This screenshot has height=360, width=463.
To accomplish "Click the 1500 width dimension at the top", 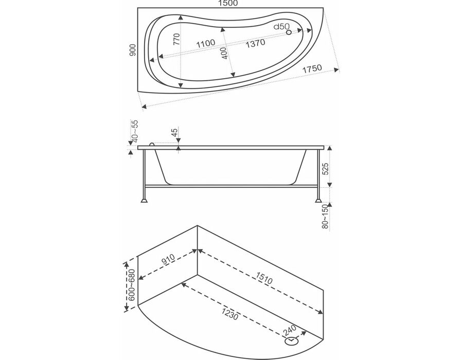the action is (228, 3).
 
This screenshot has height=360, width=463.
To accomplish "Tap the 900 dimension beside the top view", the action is (133, 50).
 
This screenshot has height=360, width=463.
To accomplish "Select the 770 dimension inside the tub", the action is (176, 39).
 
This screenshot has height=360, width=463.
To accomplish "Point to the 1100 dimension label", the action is (206, 43).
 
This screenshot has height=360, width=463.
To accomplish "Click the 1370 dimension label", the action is (255, 43).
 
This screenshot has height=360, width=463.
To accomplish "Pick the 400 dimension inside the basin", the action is (225, 53).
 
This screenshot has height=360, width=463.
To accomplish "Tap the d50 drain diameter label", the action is (281, 27).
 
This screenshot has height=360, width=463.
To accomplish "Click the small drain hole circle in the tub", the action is (289, 32).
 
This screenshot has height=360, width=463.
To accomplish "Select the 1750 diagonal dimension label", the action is (312, 69).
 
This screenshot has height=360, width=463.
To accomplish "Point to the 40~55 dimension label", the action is (134, 131).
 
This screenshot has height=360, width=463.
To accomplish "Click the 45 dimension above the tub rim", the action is (175, 132).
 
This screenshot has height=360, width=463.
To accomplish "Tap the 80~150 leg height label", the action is (325, 217).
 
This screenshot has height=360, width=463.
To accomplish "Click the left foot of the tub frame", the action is (144, 201).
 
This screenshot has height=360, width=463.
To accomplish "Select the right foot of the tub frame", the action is (318, 201).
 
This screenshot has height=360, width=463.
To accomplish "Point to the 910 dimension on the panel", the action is (168, 260).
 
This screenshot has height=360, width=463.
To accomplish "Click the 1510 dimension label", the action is (264, 278).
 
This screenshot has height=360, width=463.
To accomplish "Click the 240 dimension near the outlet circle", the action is (289, 331).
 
